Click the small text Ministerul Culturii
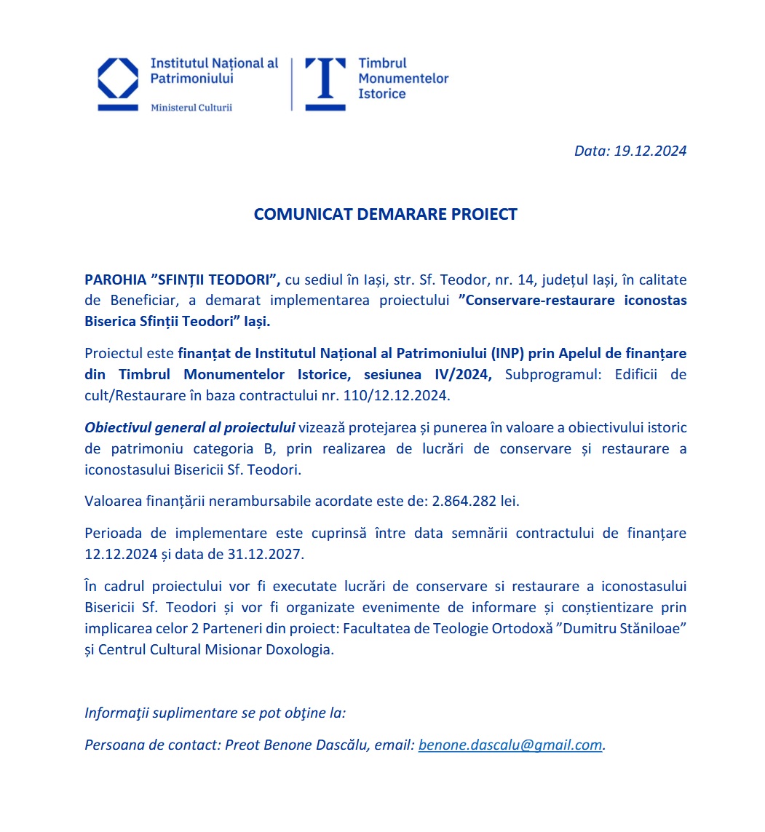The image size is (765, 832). [191, 108]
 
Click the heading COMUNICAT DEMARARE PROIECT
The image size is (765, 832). [385, 214]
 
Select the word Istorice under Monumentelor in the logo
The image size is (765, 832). [381, 94]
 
